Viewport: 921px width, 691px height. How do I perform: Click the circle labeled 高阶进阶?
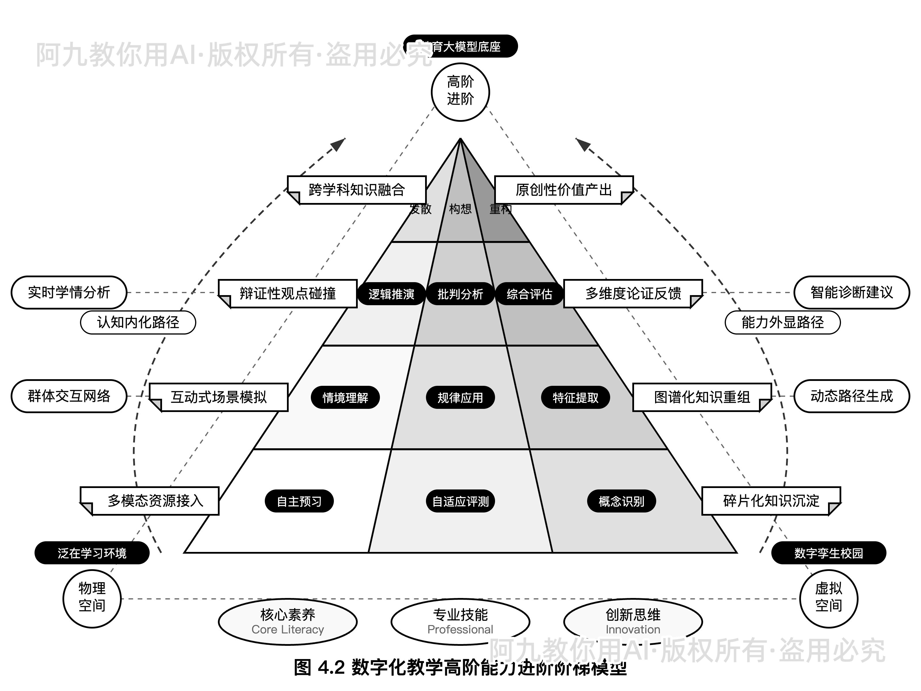(x=460, y=92)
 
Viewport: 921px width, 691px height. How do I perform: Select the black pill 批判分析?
(x=460, y=294)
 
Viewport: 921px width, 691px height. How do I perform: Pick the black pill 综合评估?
(x=529, y=294)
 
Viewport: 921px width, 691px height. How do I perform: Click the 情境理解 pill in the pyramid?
(x=345, y=397)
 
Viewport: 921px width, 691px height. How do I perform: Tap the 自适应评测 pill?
(x=460, y=501)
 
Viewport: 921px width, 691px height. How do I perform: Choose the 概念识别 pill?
(x=621, y=501)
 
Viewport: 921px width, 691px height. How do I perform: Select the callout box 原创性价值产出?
(x=564, y=190)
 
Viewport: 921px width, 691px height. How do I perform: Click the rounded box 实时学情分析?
(x=69, y=293)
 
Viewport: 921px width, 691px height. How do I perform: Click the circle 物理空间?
(x=92, y=599)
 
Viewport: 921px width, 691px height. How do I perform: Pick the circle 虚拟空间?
(x=829, y=599)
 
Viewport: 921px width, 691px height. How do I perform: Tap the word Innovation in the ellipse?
(x=633, y=629)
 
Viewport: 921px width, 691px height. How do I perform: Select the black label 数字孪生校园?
(x=829, y=553)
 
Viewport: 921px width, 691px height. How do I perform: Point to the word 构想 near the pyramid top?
(x=460, y=209)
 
